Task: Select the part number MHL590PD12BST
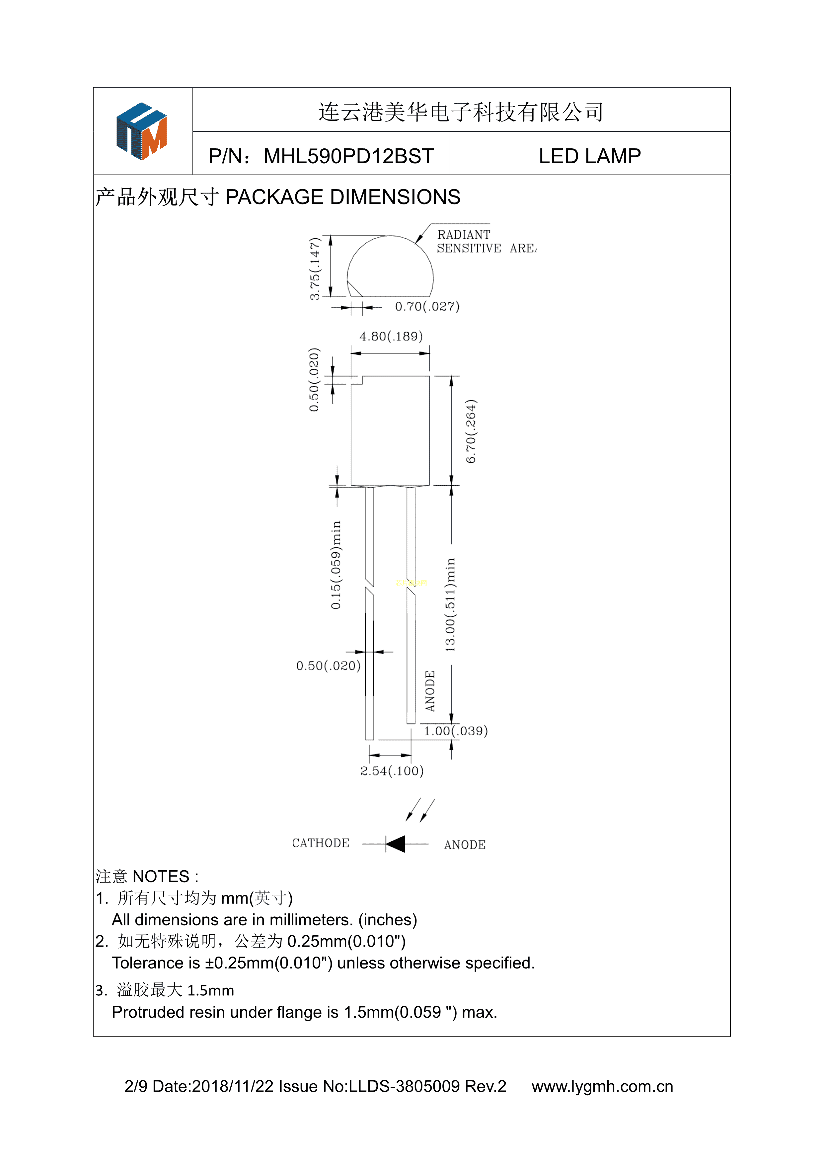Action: (349, 156)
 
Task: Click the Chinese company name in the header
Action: (461, 112)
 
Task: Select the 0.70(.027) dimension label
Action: (427, 306)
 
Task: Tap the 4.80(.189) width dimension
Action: (391, 336)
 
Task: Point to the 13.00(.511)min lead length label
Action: (450, 604)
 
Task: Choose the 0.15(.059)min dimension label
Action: (336, 564)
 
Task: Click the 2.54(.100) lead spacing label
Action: (392, 771)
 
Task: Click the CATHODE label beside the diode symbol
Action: (321, 843)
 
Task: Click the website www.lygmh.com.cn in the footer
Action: (602, 1086)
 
